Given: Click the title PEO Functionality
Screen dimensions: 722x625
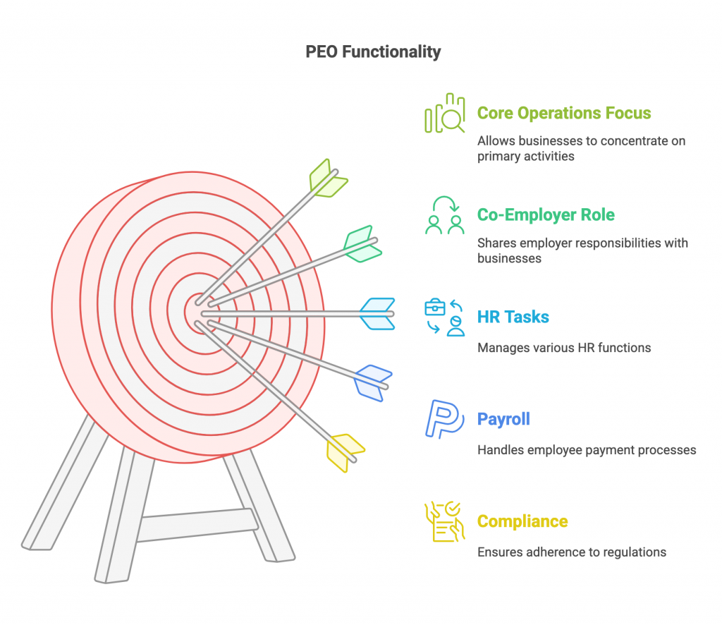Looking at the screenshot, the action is point(373,51).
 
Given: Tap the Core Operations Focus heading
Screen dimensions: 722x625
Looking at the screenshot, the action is point(564,113).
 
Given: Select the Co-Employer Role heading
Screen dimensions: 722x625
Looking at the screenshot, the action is point(546,214).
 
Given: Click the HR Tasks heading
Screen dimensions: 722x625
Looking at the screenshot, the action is point(513,317).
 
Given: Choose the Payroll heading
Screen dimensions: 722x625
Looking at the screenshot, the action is point(503,419).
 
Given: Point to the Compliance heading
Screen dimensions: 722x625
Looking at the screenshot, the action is point(522,521).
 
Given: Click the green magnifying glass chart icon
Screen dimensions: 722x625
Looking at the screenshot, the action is point(445,114).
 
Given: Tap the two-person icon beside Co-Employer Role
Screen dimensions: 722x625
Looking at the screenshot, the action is point(445,215).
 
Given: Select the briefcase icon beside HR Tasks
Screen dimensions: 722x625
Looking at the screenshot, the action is point(434,307).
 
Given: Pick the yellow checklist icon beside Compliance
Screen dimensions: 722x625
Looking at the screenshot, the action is point(445,521).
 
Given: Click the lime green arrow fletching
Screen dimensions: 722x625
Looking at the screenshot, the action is point(328,178).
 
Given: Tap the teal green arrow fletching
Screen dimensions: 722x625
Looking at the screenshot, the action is point(363,244).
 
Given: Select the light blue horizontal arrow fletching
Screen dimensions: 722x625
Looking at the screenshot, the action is point(377,314).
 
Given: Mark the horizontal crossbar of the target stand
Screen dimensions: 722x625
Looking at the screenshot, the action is point(197,525).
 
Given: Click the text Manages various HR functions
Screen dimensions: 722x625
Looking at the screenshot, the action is point(564,348).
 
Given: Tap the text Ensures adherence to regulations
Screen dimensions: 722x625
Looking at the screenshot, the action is point(572,552).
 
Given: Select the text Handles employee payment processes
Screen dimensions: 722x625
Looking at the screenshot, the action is point(587,450).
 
